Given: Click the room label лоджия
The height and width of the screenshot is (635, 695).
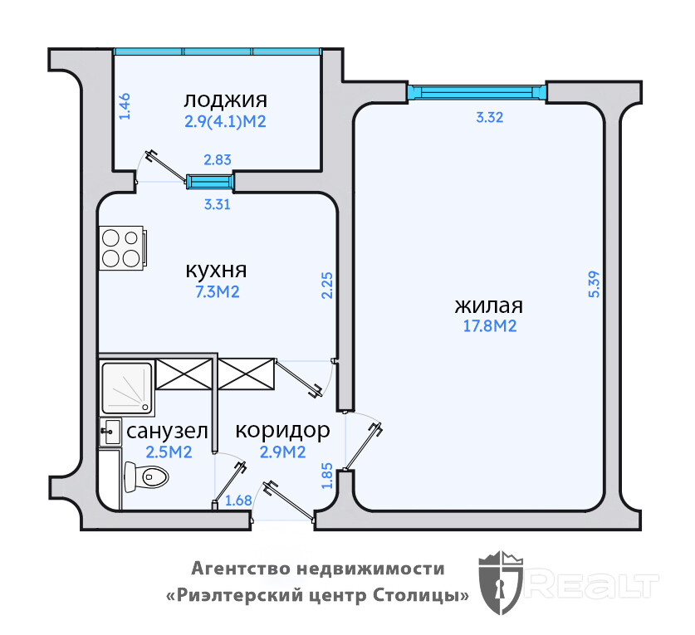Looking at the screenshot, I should click(225, 100).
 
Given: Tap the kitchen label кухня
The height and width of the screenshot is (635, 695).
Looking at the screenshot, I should click(216, 271).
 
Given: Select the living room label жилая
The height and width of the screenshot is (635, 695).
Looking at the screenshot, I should click(489, 305).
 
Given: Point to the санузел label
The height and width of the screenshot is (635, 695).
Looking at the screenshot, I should click(166, 432).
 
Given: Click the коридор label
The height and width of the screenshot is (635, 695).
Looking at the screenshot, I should click(282, 431).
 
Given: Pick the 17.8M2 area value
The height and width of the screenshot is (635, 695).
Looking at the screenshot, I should click(489, 326).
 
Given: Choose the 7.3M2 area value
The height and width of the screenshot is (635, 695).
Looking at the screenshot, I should click(216, 292).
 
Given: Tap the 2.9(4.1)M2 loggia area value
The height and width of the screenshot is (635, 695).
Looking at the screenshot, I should click(225, 121).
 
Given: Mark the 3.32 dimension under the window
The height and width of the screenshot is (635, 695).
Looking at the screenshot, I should click(490, 118).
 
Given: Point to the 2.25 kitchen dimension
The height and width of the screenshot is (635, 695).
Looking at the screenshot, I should click(327, 286).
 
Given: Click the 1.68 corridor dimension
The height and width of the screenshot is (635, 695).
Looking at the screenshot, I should click(238, 501).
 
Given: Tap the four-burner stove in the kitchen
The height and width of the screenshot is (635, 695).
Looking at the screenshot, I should click(121, 247).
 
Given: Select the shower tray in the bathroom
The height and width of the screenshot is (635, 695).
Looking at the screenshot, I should click(126, 388).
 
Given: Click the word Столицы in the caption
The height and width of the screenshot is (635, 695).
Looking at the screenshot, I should click(425, 595).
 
